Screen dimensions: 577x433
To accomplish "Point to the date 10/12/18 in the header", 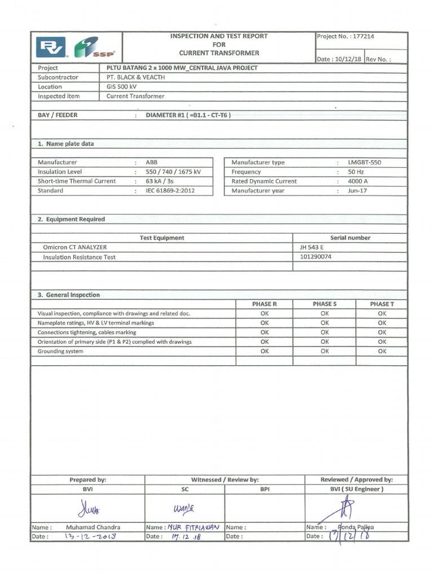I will pyautogui.click(x=348, y=59).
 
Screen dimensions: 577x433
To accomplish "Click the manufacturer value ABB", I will pyautogui.click(x=152, y=162).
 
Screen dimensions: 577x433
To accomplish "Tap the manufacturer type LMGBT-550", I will pyautogui.click(x=364, y=162).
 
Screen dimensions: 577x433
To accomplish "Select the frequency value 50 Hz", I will pyautogui.click(x=356, y=172).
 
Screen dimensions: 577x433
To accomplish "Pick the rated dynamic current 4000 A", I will pyautogui.click(x=357, y=181).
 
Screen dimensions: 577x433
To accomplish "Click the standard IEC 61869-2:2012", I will pyautogui.click(x=172, y=191).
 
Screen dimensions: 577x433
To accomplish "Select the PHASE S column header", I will pyautogui.click(x=324, y=304).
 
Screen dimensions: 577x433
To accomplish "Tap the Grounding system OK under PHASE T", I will pyautogui.click(x=382, y=352).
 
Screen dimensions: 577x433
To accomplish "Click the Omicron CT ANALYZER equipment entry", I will pyautogui.click(x=75, y=247).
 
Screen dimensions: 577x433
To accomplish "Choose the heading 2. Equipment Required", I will pyautogui.click(x=71, y=219).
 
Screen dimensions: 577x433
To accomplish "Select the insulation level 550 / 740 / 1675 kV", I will pyautogui.click(x=173, y=172).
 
